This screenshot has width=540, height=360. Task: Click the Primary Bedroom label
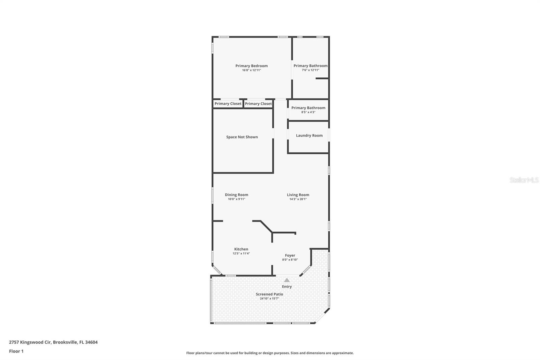pos(251,66)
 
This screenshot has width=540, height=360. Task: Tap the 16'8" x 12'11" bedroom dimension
pos(251,70)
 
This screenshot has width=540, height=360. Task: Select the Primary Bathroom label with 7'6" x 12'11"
pos(310,66)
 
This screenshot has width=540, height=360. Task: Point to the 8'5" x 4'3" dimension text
pos(308,112)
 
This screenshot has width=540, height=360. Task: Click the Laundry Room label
pos(309,135)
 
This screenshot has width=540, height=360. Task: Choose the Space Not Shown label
pos(242,137)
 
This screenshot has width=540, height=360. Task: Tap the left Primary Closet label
pos(228,104)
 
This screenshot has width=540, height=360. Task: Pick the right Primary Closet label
pos(258,104)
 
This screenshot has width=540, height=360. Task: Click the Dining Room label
pos(237,195)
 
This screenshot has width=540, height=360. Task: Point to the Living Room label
pos(298,195)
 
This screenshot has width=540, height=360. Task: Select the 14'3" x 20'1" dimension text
pos(298,199)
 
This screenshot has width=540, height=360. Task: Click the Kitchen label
pos(241,249)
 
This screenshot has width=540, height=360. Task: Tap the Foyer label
pos(290,256)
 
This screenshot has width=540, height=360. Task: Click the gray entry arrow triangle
pos(287,280)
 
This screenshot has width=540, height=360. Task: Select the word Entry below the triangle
pos(287,287)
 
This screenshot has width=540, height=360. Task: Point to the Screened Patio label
pos(269,294)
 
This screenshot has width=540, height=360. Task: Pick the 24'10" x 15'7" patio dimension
pos(269,299)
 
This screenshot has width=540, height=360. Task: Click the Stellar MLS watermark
pos(524,180)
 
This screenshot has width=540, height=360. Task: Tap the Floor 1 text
pos(16,351)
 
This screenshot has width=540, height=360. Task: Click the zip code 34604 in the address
pos(91,342)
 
